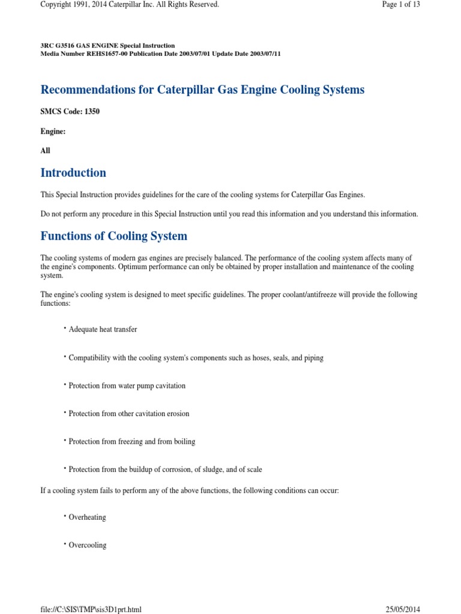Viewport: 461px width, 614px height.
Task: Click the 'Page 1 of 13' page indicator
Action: pyautogui.click(x=400, y=5)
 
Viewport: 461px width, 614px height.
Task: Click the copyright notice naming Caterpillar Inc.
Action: pyautogui.click(x=130, y=5)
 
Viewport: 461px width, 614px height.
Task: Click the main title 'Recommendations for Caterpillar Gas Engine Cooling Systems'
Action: pyautogui.click(x=202, y=89)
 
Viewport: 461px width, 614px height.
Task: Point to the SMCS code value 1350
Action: pyautogui.click(x=91, y=112)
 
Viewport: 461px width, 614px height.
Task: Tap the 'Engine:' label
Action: pyautogui.click(x=53, y=131)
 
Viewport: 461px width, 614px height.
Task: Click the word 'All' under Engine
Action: pyautogui.click(x=46, y=151)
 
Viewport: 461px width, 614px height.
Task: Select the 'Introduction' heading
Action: pyautogui.click(x=73, y=173)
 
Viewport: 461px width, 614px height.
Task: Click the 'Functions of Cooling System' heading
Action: pyautogui.click(x=114, y=236)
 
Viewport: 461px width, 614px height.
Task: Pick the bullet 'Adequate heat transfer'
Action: pyautogui.click(x=103, y=330)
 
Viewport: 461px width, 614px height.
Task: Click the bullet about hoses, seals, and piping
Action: pyautogui.click(x=196, y=358)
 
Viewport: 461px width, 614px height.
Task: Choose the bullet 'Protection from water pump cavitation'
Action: pyautogui.click(x=127, y=386)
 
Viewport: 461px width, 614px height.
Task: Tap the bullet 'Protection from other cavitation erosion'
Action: pyautogui.click(x=128, y=414)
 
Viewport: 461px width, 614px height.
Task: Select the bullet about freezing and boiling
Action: pyautogui.click(x=131, y=442)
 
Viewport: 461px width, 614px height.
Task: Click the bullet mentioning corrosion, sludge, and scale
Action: pyautogui.click(x=165, y=469)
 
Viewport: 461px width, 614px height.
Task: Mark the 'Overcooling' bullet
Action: pyautogui.click(x=88, y=545)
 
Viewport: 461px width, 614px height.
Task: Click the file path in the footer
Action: pyautogui.click(x=91, y=609)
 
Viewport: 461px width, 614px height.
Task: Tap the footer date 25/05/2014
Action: pyautogui.click(x=403, y=609)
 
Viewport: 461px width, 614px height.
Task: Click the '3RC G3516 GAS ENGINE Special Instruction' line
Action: pyautogui.click(x=108, y=46)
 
